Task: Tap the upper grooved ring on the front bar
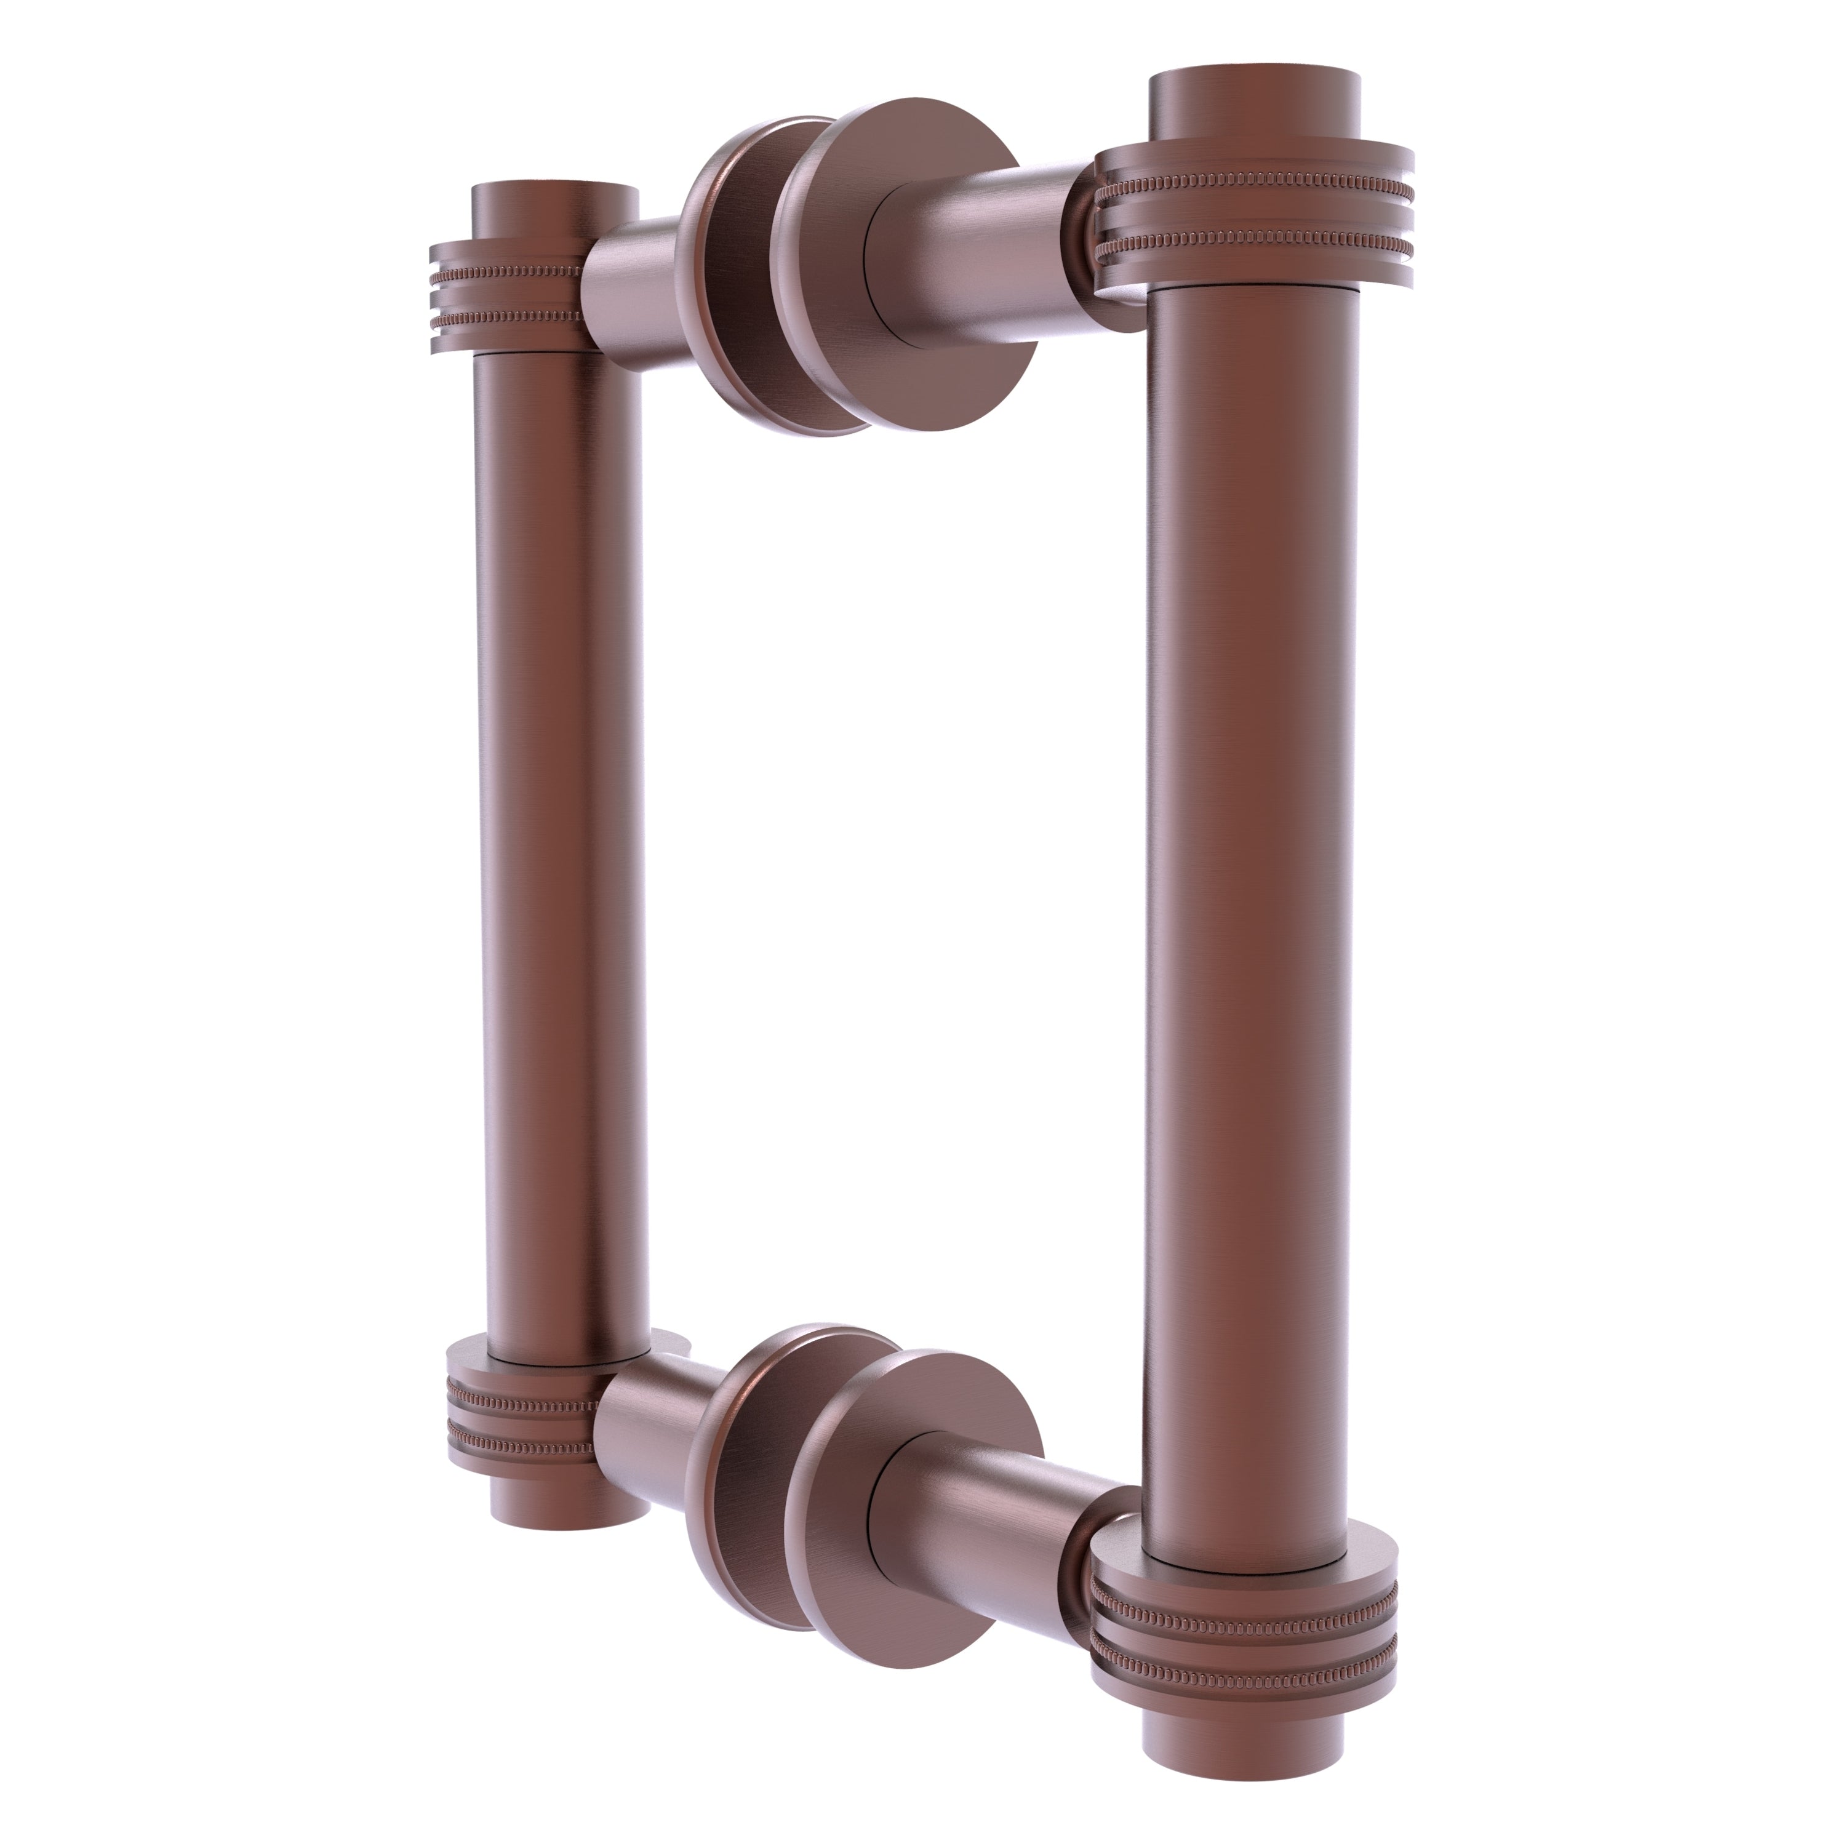1253,230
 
